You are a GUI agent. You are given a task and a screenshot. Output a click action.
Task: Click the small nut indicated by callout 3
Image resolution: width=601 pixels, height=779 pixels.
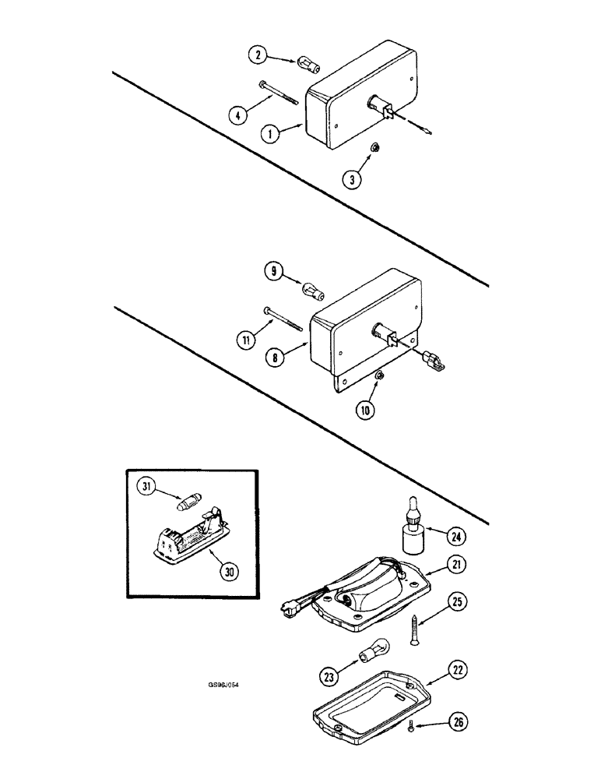pos(374,147)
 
